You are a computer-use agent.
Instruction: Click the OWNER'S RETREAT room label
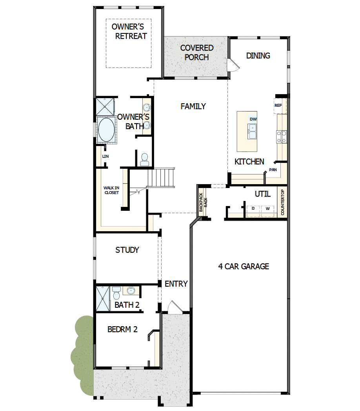[x=129, y=31]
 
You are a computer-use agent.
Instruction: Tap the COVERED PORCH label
[x=197, y=53]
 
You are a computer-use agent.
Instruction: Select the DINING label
[x=258, y=56]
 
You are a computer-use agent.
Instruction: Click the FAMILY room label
[x=193, y=106]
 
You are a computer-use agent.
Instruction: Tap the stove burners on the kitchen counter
[x=282, y=136]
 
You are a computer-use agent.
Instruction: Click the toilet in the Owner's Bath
[x=144, y=159]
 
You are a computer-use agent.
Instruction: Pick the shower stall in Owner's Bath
[x=105, y=107]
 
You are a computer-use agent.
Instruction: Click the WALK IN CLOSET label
[x=111, y=190]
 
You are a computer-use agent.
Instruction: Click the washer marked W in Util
[x=267, y=209]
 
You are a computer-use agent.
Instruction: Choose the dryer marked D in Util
[x=253, y=209]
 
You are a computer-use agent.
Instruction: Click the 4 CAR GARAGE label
[x=244, y=267]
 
